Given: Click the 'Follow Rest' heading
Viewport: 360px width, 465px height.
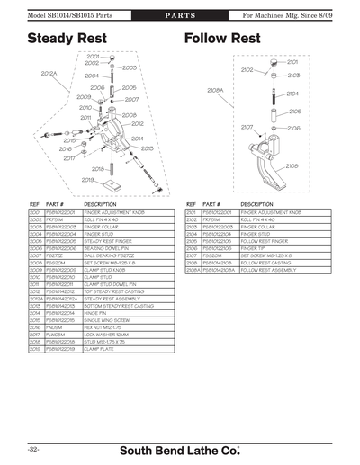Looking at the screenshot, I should tap(222, 39).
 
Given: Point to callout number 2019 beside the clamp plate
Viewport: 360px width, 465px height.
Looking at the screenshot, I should tap(88, 179).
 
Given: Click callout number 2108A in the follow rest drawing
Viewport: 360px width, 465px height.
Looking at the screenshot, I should tap(215, 90).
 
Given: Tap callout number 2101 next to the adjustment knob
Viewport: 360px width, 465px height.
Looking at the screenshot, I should tap(292, 62).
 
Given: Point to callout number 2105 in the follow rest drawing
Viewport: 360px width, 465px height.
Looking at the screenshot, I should tap(294, 112).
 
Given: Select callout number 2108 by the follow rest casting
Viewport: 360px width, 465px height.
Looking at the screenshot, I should tap(292, 165).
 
